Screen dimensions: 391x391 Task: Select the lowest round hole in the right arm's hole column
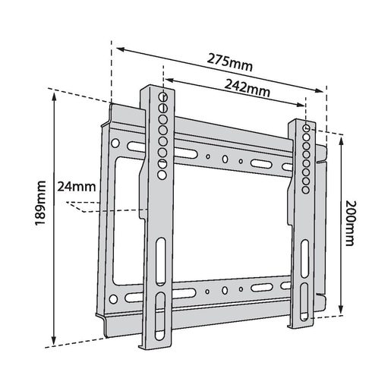[305, 191]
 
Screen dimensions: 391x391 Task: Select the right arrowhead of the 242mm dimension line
[304, 107]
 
